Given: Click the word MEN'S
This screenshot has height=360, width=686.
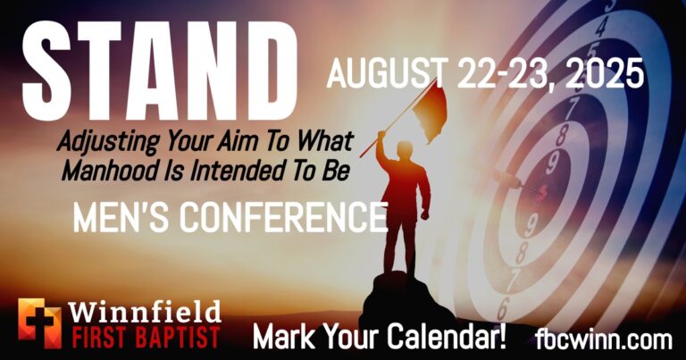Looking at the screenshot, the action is tap(121, 217).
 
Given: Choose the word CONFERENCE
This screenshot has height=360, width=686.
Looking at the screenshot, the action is tap(283, 217).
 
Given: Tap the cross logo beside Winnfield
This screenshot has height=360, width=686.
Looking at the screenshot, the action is tap(40, 323).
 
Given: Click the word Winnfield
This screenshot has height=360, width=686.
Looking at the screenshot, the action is tap(145, 312).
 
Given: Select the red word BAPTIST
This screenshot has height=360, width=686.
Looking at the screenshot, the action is tap(176, 338).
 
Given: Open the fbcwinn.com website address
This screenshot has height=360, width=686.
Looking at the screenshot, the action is tap(603, 339).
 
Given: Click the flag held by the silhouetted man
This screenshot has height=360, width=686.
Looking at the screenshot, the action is tap(429, 113).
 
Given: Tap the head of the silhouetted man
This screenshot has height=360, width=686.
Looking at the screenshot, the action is tap(406, 149).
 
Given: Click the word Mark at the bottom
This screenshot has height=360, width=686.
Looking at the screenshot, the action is tap(280, 338).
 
